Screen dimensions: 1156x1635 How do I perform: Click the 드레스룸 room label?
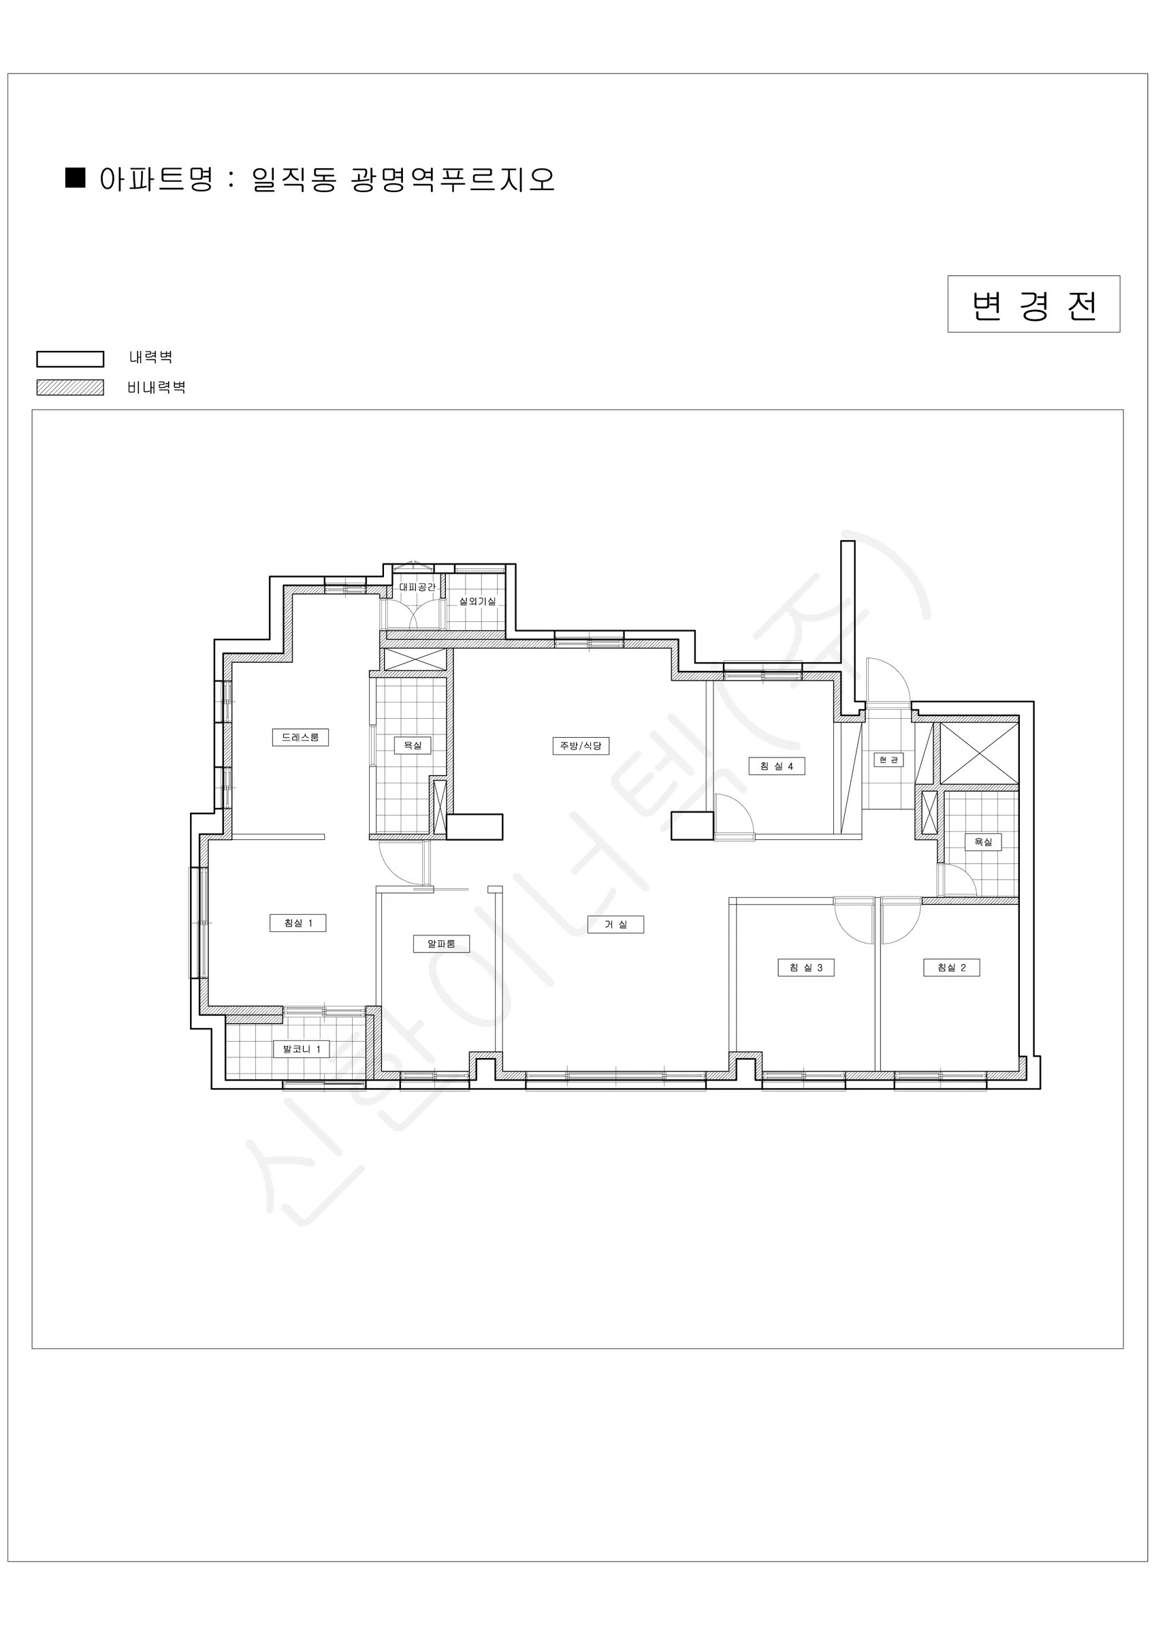(x=300, y=737)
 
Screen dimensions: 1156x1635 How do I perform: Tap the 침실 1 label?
(x=298, y=923)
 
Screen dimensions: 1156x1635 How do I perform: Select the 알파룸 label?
(x=441, y=944)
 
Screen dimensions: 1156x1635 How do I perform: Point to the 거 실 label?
(x=615, y=924)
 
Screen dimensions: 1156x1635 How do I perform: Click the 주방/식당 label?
(x=581, y=745)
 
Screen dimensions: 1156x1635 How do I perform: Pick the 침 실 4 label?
(x=777, y=766)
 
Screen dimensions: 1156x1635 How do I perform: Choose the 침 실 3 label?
(x=806, y=967)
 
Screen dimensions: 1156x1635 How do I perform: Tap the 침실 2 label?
(x=952, y=967)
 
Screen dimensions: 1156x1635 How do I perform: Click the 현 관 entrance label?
(x=889, y=760)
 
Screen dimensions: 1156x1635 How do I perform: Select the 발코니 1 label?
(x=302, y=1049)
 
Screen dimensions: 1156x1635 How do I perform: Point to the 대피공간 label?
(x=417, y=587)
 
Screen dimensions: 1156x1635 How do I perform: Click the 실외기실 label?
(x=477, y=601)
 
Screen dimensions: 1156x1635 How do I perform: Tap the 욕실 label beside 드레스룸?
(x=413, y=745)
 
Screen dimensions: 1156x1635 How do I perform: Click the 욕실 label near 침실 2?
(x=983, y=842)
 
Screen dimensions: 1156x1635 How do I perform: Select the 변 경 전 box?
(x=1033, y=304)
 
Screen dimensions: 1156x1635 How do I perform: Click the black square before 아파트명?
(x=76, y=177)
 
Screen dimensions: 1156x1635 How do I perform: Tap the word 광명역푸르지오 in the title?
(x=453, y=178)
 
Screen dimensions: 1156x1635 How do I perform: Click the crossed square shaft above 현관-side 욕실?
(x=980, y=753)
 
